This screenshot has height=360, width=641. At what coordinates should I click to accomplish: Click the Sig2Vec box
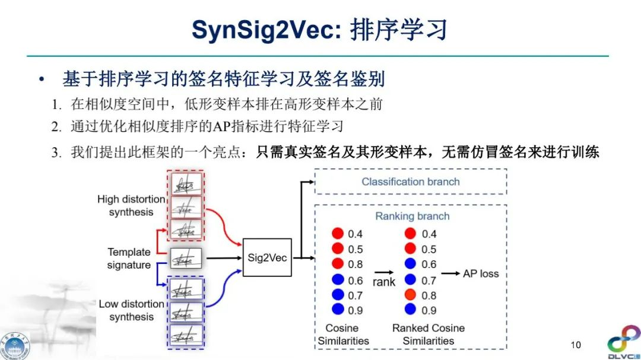tap(267, 258)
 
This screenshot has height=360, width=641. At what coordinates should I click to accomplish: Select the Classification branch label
tap(410, 181)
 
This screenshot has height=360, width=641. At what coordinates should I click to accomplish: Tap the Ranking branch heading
tap(412, 216)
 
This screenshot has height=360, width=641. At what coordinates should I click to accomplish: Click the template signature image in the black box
tap(186, 258)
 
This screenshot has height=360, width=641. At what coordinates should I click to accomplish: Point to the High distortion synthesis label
tap(131, 206)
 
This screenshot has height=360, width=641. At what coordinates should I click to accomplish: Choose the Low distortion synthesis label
tap(131, 310)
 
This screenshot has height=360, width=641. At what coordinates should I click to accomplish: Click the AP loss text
tap(481, 273)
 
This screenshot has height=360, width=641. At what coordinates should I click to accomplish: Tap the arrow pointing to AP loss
tap(450, 273)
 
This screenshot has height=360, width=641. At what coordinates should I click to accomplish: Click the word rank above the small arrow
tap(383, 282)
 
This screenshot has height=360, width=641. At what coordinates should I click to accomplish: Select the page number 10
tap(575, 345)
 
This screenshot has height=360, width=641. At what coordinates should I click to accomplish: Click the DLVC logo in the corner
tap(623, 343)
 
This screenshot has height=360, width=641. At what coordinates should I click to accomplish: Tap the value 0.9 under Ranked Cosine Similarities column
tap(429, 310)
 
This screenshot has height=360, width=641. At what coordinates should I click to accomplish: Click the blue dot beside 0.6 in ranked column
tap(410, 264)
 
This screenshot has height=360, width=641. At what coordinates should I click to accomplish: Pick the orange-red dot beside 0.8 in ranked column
tap(410, 295)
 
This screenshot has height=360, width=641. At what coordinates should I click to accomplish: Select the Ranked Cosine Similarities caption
tap(428, 334)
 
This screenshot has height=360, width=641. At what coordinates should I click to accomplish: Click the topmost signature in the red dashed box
tap(186, 184)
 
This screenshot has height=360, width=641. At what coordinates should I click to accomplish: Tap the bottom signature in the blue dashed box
tap(186, 335)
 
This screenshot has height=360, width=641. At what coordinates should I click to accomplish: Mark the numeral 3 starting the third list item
tap(55, 152)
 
